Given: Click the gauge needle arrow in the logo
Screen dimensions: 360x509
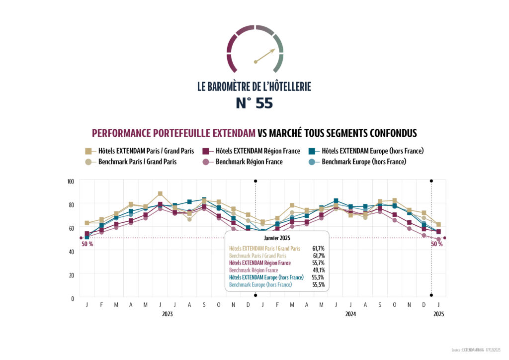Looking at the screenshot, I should click(x=265, y=56).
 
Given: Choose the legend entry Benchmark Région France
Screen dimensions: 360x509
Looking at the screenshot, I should click(x=249, y=162).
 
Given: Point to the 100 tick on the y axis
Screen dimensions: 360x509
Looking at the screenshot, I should click(x=70, y=181).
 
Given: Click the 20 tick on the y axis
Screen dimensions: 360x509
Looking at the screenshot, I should click(x=71, y=275).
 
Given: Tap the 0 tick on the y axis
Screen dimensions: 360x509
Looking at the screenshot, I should click(x=73, y=298).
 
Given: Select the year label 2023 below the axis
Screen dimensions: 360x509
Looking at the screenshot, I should click(x=168, y=314).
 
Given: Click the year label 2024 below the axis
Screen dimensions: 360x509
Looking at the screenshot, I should click(x=350, y=314).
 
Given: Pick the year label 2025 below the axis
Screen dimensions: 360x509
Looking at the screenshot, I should click(x=438, y=314).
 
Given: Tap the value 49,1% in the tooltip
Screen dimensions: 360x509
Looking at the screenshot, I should click(x=319, y=270).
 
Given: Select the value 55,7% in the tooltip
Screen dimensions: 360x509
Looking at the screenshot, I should click(x=319, y=263).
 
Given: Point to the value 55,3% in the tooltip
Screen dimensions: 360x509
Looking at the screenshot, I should click(x=319, y=277).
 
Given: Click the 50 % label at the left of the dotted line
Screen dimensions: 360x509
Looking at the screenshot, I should click(x=87, y=244).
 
